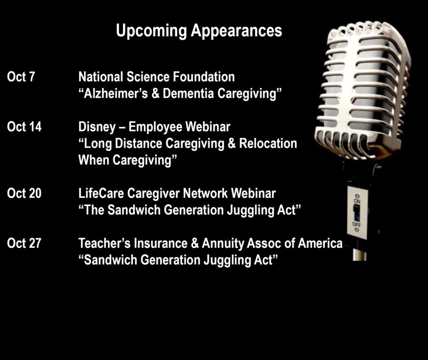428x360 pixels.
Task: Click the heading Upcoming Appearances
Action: pos(199,31)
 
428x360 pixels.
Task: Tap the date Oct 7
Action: pos(21,77)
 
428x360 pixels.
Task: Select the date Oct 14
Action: pos(24,127)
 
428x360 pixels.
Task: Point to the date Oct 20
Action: pos(24,193)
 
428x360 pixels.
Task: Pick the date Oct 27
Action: pos(24,243)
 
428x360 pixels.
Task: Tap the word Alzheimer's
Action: pos(116,93)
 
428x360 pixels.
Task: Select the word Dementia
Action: pos(188,93)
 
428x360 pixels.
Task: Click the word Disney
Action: pos(97,127)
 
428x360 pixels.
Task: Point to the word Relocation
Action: pos(268,144)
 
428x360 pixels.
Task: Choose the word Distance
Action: pos(138,144)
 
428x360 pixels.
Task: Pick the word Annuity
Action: pos(223,244)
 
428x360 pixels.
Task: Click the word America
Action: pos(320,243)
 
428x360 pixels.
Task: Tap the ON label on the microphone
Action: pos(357,201)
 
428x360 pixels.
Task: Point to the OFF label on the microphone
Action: pos(356,224)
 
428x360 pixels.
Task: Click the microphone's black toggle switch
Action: pos(356,213)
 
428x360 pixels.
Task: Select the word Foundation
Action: pos(204,77)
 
